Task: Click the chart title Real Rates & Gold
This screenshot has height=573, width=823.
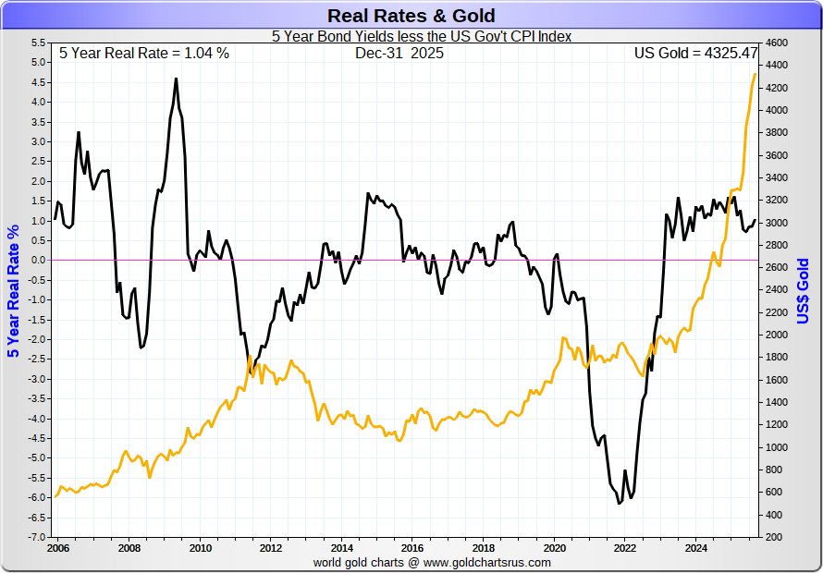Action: pos(411,16)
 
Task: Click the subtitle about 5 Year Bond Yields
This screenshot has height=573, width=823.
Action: pos(422,37)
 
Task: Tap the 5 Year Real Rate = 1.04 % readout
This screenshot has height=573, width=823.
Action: pos(144,54)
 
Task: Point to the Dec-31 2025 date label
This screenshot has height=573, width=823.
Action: pos(399,54)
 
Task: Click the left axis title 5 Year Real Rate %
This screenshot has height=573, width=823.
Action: pos(13,290)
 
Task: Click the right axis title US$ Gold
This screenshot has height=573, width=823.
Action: pos(803,290)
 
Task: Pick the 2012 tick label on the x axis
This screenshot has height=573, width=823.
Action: pos(270,547)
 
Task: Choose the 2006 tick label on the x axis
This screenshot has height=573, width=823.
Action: pos(57,547)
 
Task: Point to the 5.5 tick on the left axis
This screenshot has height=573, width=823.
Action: pos(38,43)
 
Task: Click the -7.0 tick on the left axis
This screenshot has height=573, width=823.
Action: pos(36,537)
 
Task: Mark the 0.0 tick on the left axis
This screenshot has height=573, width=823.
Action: pos(38,260)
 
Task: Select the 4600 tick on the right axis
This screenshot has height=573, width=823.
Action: pos(776,43)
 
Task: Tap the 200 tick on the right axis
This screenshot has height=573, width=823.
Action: pos(772,537)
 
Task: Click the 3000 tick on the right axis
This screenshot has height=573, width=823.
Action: pos(776,223)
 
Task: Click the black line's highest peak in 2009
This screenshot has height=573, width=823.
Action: pos(176,79)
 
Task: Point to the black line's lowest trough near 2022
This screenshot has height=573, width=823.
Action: pos(619,504)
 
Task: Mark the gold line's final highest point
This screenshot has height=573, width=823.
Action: pos(755,74)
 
